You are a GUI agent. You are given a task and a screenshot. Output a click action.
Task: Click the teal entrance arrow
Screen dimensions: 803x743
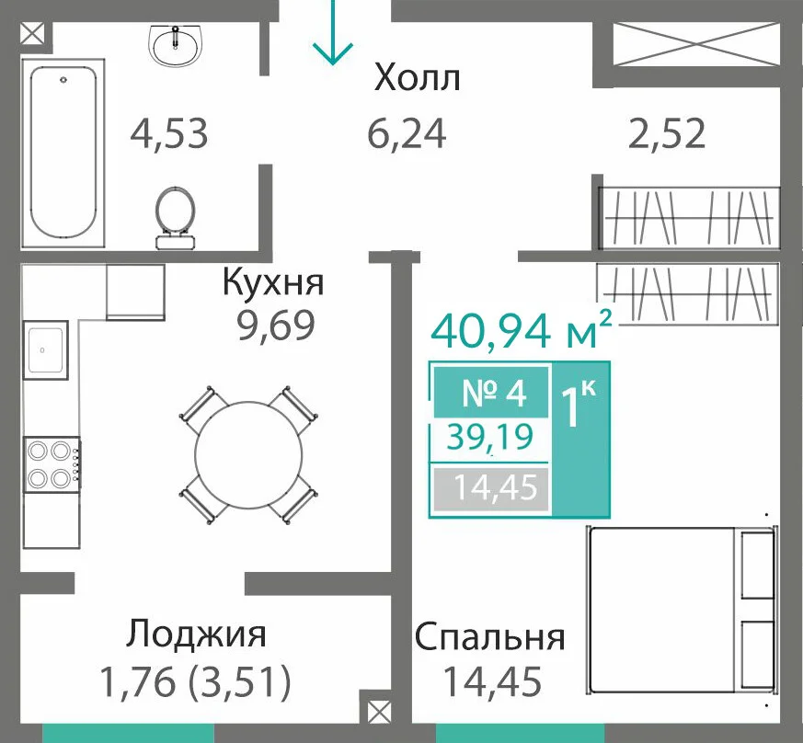(333, 32)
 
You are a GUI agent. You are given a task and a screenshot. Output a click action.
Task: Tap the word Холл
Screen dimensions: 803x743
(418, 78)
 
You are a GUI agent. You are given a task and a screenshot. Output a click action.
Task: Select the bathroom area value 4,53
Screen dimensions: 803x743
(169, 133)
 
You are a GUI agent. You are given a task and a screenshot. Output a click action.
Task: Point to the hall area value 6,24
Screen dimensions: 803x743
(407, 133)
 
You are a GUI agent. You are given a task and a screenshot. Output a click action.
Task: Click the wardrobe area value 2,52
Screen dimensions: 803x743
(667, 133)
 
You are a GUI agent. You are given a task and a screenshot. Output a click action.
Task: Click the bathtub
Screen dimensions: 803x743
(63, 154)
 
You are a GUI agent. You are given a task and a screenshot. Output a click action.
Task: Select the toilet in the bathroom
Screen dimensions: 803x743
(175, 218)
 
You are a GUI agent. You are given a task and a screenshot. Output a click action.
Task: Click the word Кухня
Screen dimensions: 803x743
(273, 282)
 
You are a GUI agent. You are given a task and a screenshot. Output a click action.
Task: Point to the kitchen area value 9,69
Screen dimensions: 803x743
(276, 326)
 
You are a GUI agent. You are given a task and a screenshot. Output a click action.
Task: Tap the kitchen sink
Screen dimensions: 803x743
(46, 350)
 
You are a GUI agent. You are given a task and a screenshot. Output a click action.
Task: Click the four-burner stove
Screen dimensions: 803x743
(52, 465)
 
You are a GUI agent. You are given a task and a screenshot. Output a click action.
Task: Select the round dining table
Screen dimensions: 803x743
(248, 455)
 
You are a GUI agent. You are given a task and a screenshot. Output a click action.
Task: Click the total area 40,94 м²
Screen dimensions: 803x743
(522, 330)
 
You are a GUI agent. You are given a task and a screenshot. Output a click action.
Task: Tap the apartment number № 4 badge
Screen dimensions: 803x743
(491, 393)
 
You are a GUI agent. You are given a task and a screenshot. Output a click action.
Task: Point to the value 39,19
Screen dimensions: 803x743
(490, 438)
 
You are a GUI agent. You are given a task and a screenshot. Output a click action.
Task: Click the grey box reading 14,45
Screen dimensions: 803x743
(491, 489)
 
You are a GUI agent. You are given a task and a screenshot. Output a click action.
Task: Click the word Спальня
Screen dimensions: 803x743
(489, 637)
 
